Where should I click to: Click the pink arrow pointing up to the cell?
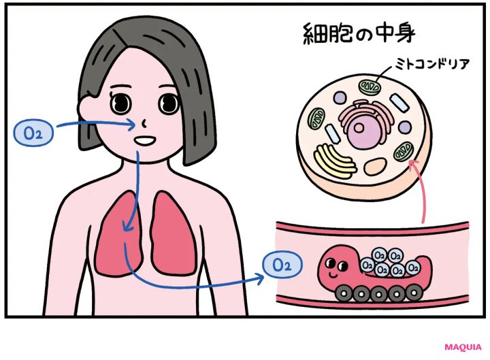pyautogui.click(x=421, y=191)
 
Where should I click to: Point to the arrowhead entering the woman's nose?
pyautogui.click(x=130, y=125)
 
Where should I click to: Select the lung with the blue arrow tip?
pyautogui.click(x=116, y=235)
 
